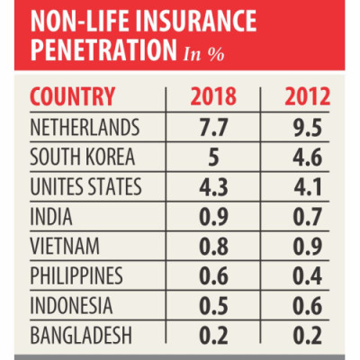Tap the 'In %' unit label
[203, 54]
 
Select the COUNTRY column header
[73, 96]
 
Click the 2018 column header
[213, 96]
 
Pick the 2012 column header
[307, 96]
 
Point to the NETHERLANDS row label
[85, 127]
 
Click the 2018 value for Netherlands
[213, 128]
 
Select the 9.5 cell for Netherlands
[308, 128]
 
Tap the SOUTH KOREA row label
[83, 157]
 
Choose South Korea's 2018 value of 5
[213, 157]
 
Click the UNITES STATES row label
[85, 186]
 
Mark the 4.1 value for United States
[308, 187]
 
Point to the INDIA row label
[51, 216]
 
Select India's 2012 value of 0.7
[308, 217]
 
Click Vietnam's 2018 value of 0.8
[213, 247]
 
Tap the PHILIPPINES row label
[76, 275]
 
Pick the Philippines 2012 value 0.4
[308, 276]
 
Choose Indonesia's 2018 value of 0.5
[213, 306]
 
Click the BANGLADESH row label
[81, 335]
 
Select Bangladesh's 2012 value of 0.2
[308, 336]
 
